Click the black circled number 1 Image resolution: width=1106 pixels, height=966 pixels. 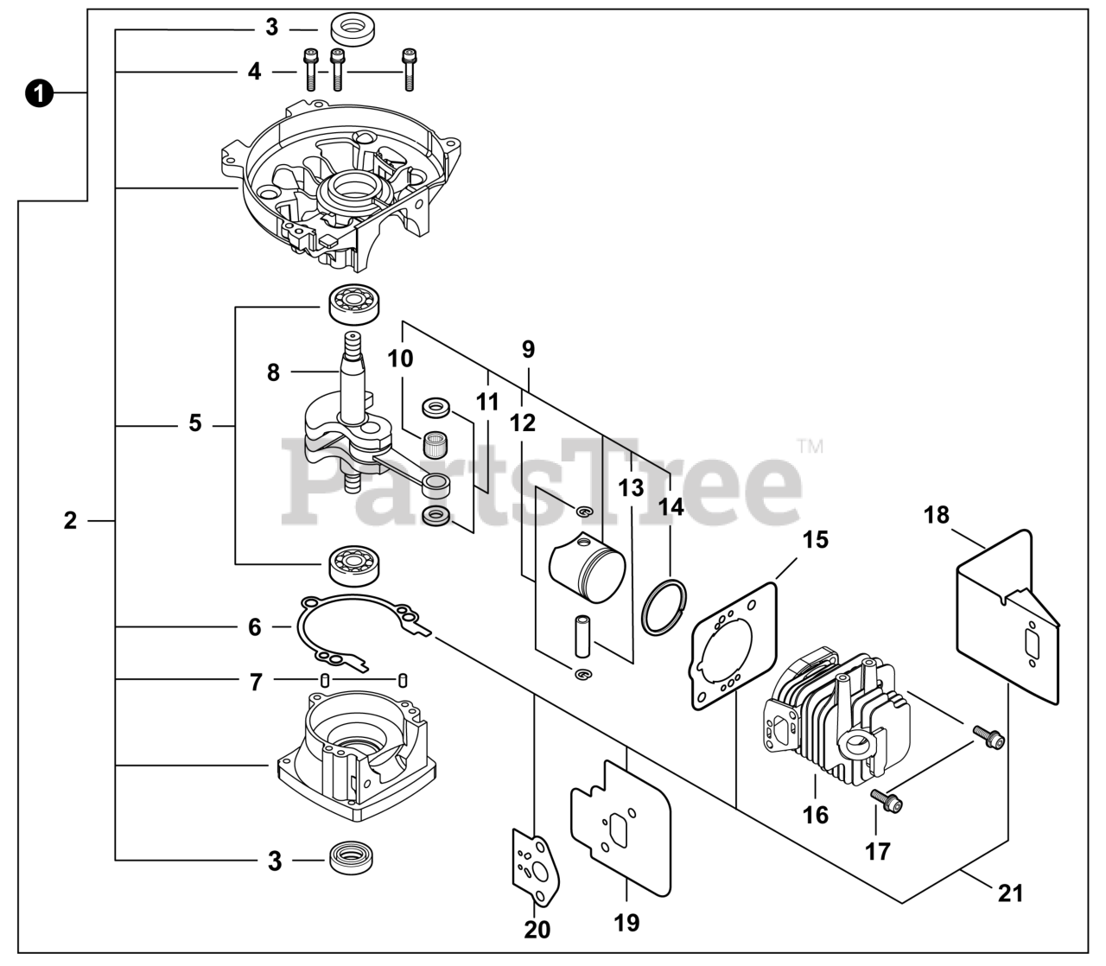pos(38,92)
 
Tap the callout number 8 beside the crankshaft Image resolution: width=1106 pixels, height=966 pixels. pos(273,372)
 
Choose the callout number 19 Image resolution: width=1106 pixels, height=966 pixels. pos(627,922)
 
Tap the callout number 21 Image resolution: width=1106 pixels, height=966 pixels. pos(1010,893)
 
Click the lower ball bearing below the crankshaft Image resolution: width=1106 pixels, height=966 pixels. pos(353,563)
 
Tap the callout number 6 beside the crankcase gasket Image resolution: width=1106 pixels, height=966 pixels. pos(254,626)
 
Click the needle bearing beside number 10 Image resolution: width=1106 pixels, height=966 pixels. pos(435,447)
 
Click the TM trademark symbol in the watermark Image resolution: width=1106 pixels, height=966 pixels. pos(810,446)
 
